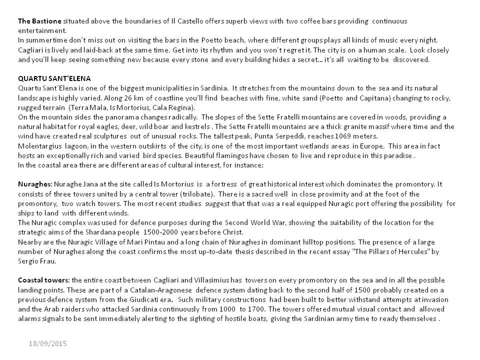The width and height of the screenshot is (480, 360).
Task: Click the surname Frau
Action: click(x=50, y=261)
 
